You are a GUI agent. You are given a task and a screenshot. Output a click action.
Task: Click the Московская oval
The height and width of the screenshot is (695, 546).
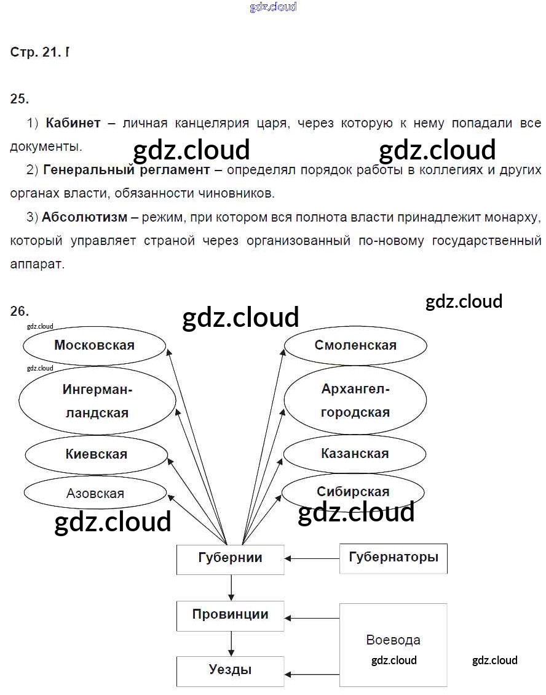tap(94, 345)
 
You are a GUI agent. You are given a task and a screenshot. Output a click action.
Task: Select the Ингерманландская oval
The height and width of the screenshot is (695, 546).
tap(97, 401)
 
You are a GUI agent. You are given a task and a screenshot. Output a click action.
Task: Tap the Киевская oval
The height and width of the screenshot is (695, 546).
tap(96, 454)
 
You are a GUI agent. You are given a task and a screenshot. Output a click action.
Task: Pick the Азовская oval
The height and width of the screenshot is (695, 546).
tap(95, 493)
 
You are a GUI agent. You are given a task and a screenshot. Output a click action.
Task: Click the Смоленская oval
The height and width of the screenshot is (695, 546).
tap(355, 345)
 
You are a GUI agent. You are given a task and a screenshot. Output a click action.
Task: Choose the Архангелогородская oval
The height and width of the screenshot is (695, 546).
tap(355, 401)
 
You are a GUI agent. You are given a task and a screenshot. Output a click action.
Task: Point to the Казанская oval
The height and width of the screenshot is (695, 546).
tap(355, 454)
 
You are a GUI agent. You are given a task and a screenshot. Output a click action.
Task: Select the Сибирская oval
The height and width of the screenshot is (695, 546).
tap(353, 492)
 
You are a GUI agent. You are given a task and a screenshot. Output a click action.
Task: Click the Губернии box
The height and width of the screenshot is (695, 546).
tap(230, 558)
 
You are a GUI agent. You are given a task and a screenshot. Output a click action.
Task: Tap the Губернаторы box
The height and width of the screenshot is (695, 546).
tap(394, 558)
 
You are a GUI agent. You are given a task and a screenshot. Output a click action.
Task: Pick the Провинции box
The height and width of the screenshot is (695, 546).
tap(230, 615)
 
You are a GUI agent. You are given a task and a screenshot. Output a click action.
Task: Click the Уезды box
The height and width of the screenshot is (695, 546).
tap(230, 670)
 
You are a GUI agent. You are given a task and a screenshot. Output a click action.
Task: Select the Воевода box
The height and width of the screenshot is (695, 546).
tap(394, 645)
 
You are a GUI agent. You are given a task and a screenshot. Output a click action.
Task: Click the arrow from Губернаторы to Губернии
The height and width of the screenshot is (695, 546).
tap(312, 558)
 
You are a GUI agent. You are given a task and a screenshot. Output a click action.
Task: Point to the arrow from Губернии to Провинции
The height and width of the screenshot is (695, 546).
tap(231, 588)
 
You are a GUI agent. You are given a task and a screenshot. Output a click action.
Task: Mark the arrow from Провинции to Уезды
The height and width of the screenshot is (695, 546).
tap(231, 643)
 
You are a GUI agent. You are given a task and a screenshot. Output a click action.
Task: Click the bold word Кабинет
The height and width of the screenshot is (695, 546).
tap(73, 123)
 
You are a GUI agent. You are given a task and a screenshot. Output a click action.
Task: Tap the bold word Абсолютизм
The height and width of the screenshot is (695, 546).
tap(85, 217)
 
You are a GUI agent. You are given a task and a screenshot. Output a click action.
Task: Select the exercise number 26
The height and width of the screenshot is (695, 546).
tap(20, 311)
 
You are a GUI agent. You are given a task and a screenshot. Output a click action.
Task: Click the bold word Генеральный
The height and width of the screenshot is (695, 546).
tap(80, 170)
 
